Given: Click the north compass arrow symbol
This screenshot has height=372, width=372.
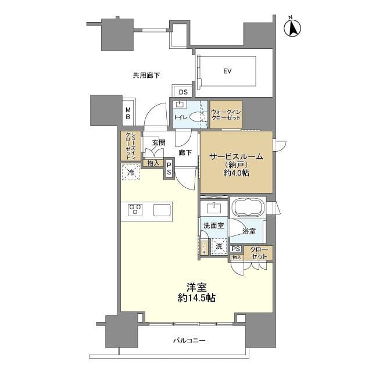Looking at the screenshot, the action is coord(292,27).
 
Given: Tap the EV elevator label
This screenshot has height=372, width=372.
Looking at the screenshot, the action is coord(227,71).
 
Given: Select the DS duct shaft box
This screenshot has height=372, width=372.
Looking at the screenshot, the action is coord(183,92).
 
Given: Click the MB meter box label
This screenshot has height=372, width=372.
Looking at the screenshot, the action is coord(128,113).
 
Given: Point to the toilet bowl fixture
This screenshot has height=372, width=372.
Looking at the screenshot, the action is coord(195,117).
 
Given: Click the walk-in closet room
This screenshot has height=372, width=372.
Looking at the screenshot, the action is coord(226,115).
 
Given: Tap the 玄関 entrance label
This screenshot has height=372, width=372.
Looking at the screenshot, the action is coord(159,142).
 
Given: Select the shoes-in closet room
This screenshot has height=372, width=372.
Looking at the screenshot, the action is coord(131,146).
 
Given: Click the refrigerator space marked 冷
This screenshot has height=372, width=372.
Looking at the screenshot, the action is coord(130,172).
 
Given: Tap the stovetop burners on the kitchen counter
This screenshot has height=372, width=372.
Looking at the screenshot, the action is coord(135,210).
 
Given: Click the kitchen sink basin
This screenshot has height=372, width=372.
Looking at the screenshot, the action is coord(162,210).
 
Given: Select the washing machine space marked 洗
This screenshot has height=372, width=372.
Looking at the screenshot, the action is coord(219,246).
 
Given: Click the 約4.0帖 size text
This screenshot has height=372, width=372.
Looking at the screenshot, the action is coord(237,173).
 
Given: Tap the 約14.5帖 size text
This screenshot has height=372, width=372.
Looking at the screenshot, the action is coord(196,298).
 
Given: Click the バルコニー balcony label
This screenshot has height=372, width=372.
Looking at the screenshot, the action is coord(189,341).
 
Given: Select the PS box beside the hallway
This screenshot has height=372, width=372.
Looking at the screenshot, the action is coord(169,169).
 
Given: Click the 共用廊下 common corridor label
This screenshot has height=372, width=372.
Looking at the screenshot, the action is coord(146,76).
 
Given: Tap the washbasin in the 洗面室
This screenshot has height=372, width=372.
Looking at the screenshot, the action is coord(214,209).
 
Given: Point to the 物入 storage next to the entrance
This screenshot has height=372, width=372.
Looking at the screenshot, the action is coord(153,163).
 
